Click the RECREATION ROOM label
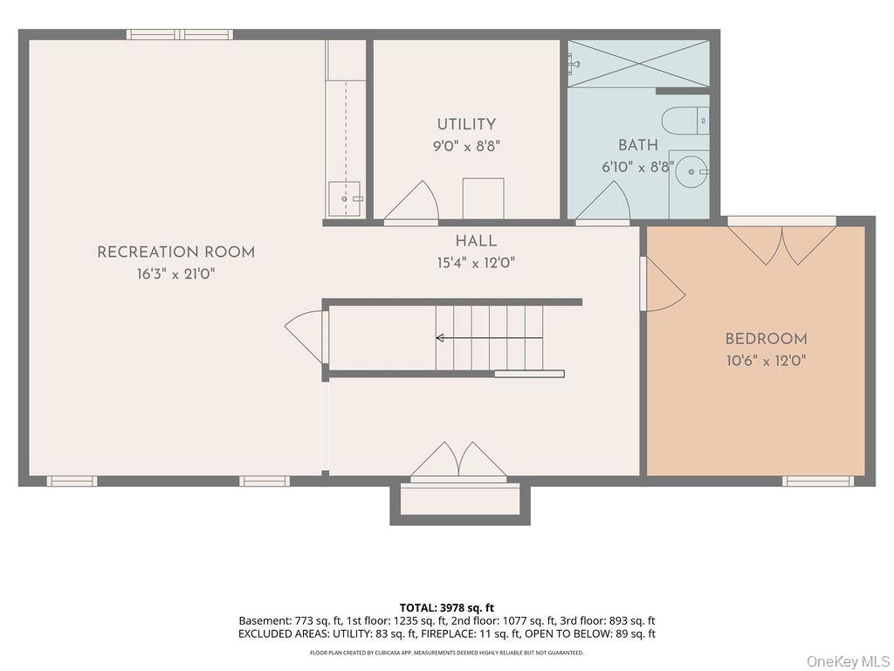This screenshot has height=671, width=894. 175,252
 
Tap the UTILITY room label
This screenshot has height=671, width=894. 466,124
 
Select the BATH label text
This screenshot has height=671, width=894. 638,145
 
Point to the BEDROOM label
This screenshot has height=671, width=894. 766,339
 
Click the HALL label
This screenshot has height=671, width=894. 476,241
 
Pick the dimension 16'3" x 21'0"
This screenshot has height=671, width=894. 175,274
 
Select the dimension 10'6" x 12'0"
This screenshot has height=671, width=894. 766,361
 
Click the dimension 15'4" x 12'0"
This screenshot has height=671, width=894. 476,263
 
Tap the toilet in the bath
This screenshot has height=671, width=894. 685,121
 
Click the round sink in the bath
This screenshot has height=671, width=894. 691,171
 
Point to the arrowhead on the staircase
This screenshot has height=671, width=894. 440,338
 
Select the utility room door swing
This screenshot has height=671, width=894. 411,201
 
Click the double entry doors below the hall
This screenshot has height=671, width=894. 459,460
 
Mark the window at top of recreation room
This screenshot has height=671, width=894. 180,35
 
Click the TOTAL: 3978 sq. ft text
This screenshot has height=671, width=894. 446,608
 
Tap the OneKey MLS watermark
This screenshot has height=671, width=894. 849,661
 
